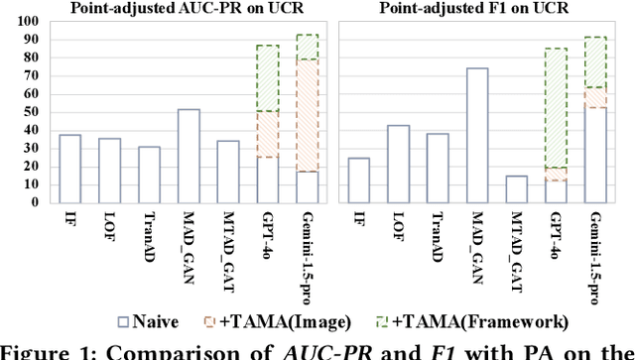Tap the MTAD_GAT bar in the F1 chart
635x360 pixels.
517,189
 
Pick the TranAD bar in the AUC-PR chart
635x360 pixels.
148,175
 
